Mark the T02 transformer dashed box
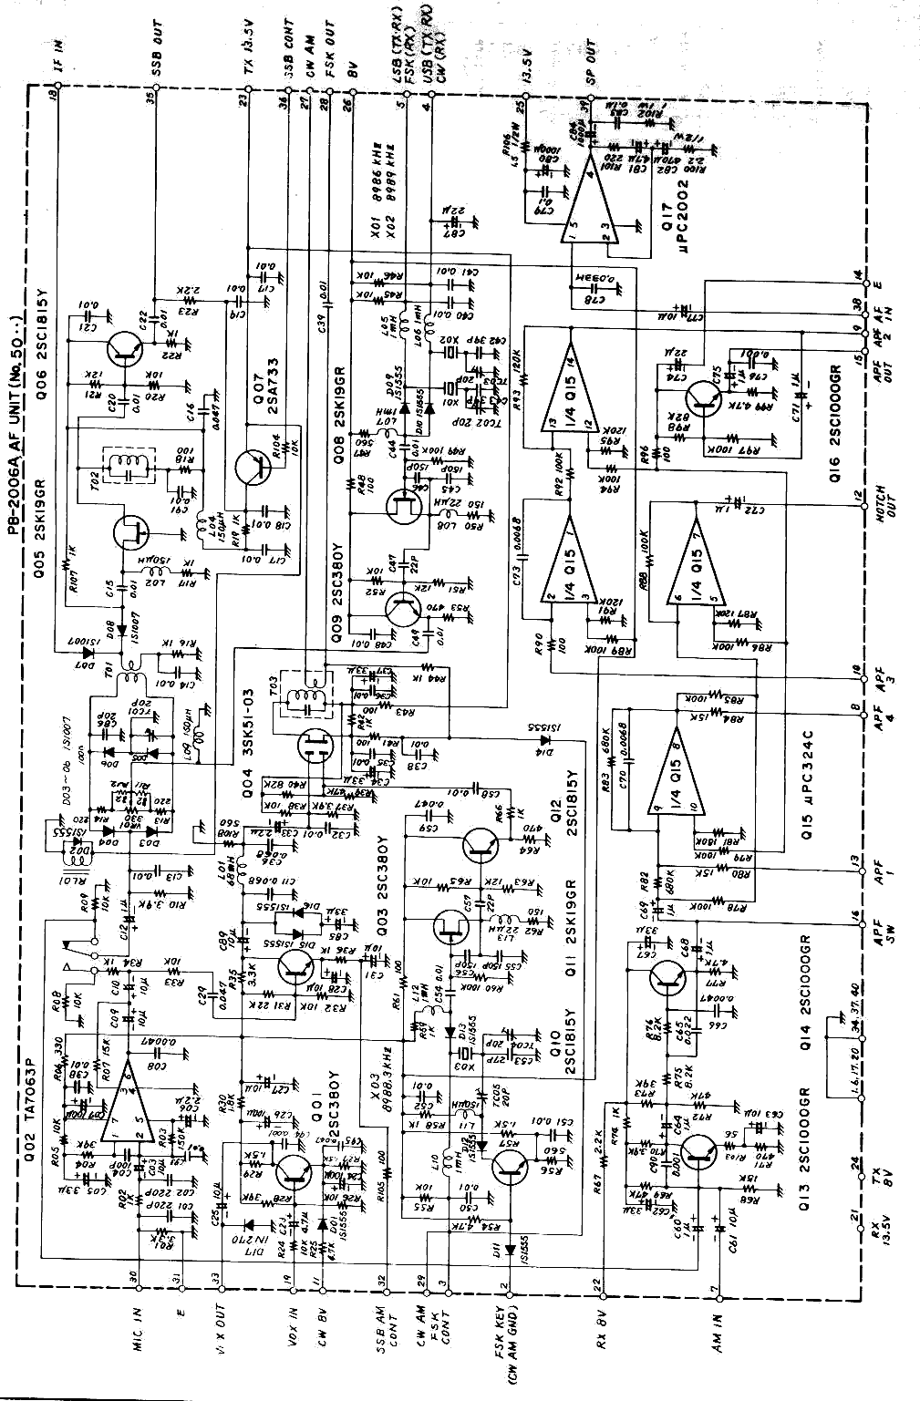pyautogui.click(x=128, y=466)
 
